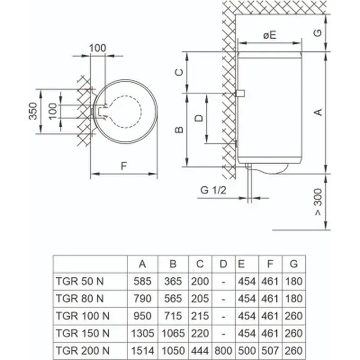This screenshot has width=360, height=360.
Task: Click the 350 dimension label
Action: pos(33,111)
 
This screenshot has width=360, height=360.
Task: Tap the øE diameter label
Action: pos(270,35)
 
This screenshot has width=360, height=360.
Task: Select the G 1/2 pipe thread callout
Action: pos(213,190)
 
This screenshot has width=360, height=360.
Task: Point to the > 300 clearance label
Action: pos(318,202)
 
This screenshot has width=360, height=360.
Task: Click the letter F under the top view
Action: pos(124,166)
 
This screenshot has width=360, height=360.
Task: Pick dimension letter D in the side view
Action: pos(199,118)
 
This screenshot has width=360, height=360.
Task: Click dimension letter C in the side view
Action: pos(179,72)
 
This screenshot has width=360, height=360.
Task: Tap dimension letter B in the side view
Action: pos(179,130)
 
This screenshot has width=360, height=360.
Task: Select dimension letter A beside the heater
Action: pos(318,112)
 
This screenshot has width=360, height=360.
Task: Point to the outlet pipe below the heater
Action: pos(250,184)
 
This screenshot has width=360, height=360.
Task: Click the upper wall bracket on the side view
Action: pos(240,94)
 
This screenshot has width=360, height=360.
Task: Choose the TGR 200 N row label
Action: pos(82,351)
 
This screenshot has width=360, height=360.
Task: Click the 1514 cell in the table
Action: pos(143,351)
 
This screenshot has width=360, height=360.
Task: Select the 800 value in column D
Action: pos(223,351)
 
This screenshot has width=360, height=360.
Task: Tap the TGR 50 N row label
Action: pos(80,281)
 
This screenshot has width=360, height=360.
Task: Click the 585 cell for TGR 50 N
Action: pos(143,281)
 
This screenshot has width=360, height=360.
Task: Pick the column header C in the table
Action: pos(200,264)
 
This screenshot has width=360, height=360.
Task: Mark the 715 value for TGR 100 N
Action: pos(173,316)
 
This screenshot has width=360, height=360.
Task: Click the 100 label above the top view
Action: pos(98,48)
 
